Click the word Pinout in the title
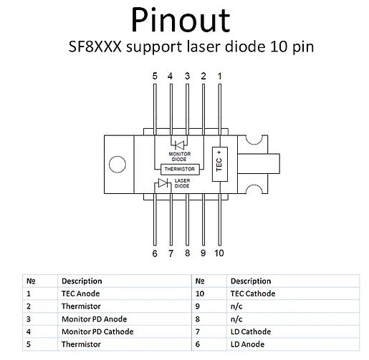(x=181, y=19)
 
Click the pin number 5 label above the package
(x=155, y=76)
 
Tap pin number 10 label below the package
(x=219, y=253)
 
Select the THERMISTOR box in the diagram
(x=180, y=169)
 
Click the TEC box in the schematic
(x=220, y=164)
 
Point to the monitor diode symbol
(x=179, y=145)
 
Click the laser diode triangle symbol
(x=163, y=183)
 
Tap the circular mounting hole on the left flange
(x=118, y=164)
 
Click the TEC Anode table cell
(x=80, y=293)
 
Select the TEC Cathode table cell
(x=253, y=293)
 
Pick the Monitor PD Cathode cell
(x=97, y=331)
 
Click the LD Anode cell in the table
(x=247, y=344)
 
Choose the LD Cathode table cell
(x=251, y=331)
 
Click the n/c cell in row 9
(x=236, y=306)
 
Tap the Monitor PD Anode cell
(x=94, y=319)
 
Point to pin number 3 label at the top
(x=187, y=76)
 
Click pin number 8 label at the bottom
(x=188, y=253)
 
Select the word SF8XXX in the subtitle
(x=95, y=47)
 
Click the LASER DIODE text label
(x=182, y=183)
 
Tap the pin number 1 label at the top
(x=220, y=76)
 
